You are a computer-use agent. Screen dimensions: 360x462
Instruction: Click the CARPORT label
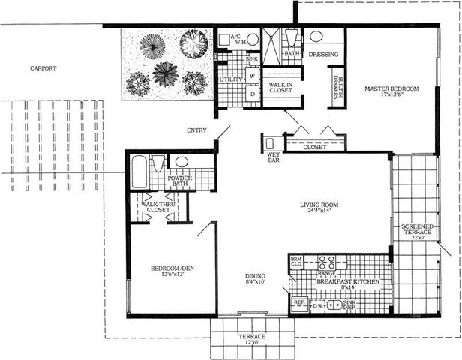pyautogui.click(x=43, y=68)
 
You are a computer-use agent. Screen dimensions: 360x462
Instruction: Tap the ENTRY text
pyautogui.click(x=196, y=130)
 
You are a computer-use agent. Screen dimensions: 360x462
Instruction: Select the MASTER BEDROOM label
pyautogui.click(x=391, y=89)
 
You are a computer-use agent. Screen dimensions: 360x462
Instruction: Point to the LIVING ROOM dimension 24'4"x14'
pyautogui.click(x=316, y=211)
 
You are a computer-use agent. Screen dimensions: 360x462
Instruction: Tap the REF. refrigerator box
pyautogui.click(x=299, y=304)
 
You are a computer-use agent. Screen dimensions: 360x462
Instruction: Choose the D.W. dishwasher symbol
pyautogui.click(x=318, y=304)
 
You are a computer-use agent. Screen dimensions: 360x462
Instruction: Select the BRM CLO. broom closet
pyautogui.click(x=296, y=262)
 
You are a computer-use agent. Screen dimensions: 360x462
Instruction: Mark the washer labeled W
pyautogui.click(x=252, y=76)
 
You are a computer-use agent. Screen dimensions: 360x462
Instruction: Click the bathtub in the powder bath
pyautogui.click(x=139, y=172)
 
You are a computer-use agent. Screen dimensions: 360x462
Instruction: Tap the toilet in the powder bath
pyautogui.click(x=158, y=164)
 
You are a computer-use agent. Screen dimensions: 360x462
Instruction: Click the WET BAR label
pyautogui.click(x=274, y=157)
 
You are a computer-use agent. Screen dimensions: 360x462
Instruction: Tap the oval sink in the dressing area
pyautogui.click(x=316, y=37)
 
